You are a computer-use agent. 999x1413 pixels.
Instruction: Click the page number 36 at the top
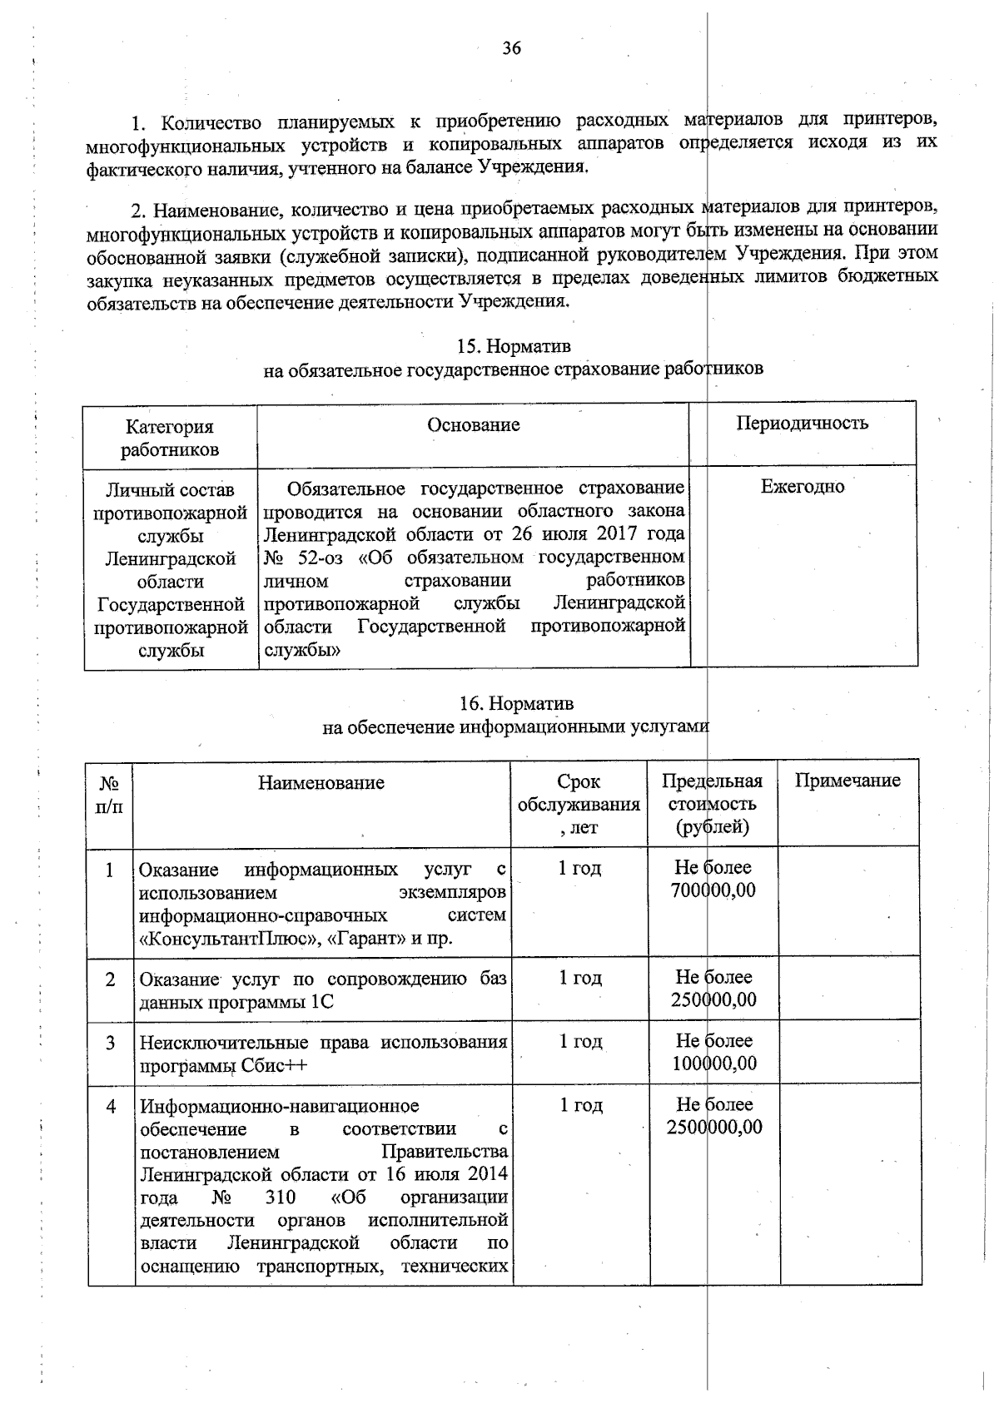(511, 48)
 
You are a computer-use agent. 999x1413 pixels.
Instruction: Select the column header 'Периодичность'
(802, 423)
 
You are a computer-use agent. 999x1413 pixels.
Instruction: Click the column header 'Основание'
(473, 425)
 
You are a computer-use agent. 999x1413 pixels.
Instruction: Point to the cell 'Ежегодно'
(802, 487)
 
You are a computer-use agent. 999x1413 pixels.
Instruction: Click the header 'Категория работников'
(170, 439)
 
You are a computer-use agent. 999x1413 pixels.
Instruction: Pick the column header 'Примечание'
(847, 781)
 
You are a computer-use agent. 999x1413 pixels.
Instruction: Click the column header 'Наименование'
(321, 782)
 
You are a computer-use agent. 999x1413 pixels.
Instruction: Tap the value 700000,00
(713, 891)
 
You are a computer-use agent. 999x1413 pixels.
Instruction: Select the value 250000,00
(713, 1000)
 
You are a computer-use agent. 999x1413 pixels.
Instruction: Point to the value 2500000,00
(713, 1128)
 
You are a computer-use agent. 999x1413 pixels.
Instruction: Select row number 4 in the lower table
(110, 1107)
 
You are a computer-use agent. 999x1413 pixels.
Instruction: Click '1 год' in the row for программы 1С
(579, 978)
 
